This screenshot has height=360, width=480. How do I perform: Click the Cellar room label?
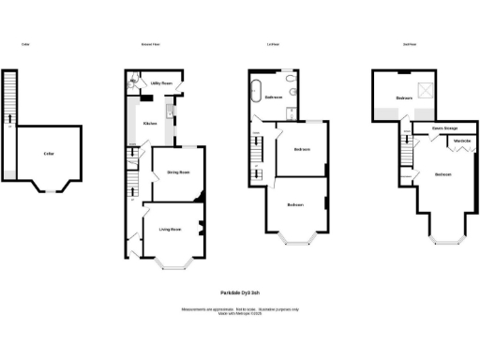(x=48, y=153)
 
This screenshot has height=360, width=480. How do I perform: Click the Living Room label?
(x=170, y=229)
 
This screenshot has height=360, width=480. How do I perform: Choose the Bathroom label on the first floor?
(x=274, y=97)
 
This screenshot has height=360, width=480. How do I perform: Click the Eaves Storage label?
(x=444, y=127)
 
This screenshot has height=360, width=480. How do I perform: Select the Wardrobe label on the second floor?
(x=461, y=142)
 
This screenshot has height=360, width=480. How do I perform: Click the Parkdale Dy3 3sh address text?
(x=240, y=292)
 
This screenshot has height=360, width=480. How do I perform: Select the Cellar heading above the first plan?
(x=26, y=44)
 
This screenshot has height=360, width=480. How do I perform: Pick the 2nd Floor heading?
(x=410, y=44)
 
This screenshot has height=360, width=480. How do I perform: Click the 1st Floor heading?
(x=274, y=44)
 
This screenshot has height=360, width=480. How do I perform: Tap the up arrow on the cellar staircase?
(x=9, y=117)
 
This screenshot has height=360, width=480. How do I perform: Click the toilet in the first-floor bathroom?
(x=293, y=95)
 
